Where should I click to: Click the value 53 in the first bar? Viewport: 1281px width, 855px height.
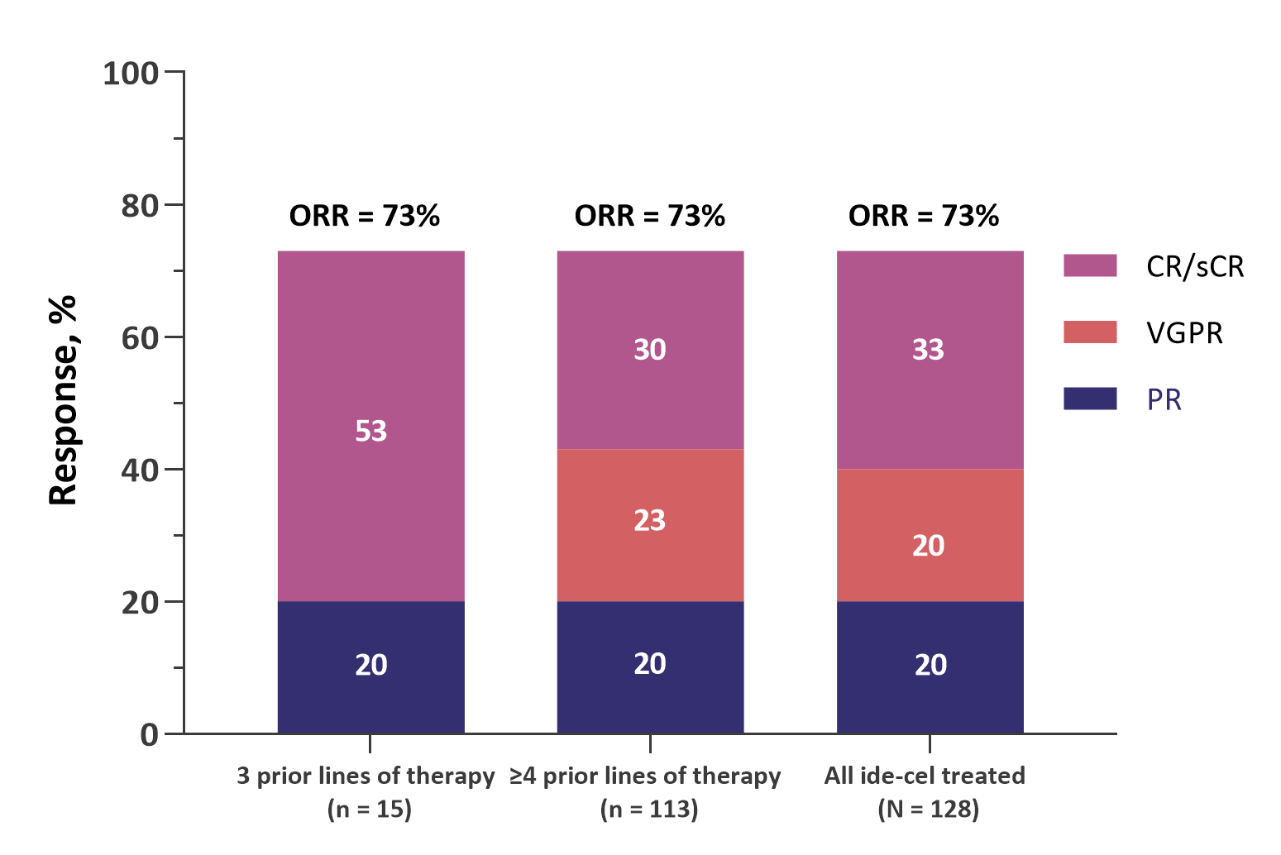point(370,431)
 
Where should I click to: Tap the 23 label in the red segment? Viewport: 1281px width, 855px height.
point(649,520)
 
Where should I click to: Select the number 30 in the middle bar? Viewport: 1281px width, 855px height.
point(649,350)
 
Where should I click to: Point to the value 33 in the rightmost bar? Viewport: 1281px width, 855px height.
point(928,350)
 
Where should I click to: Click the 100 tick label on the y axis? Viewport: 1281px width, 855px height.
point(130,74)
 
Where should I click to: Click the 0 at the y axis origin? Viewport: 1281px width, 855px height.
point(149,735)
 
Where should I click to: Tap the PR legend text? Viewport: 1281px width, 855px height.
point(1164,400)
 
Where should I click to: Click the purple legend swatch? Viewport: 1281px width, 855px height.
point(1090,265)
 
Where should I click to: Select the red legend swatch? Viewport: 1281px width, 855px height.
point(1090,332)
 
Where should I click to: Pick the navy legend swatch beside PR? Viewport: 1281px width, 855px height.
point(1090,399)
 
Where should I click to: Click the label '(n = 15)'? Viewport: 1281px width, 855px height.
point(370,809)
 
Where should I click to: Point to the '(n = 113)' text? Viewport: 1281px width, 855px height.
point(649,809)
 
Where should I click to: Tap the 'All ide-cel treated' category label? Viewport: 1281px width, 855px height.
point(925,776)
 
